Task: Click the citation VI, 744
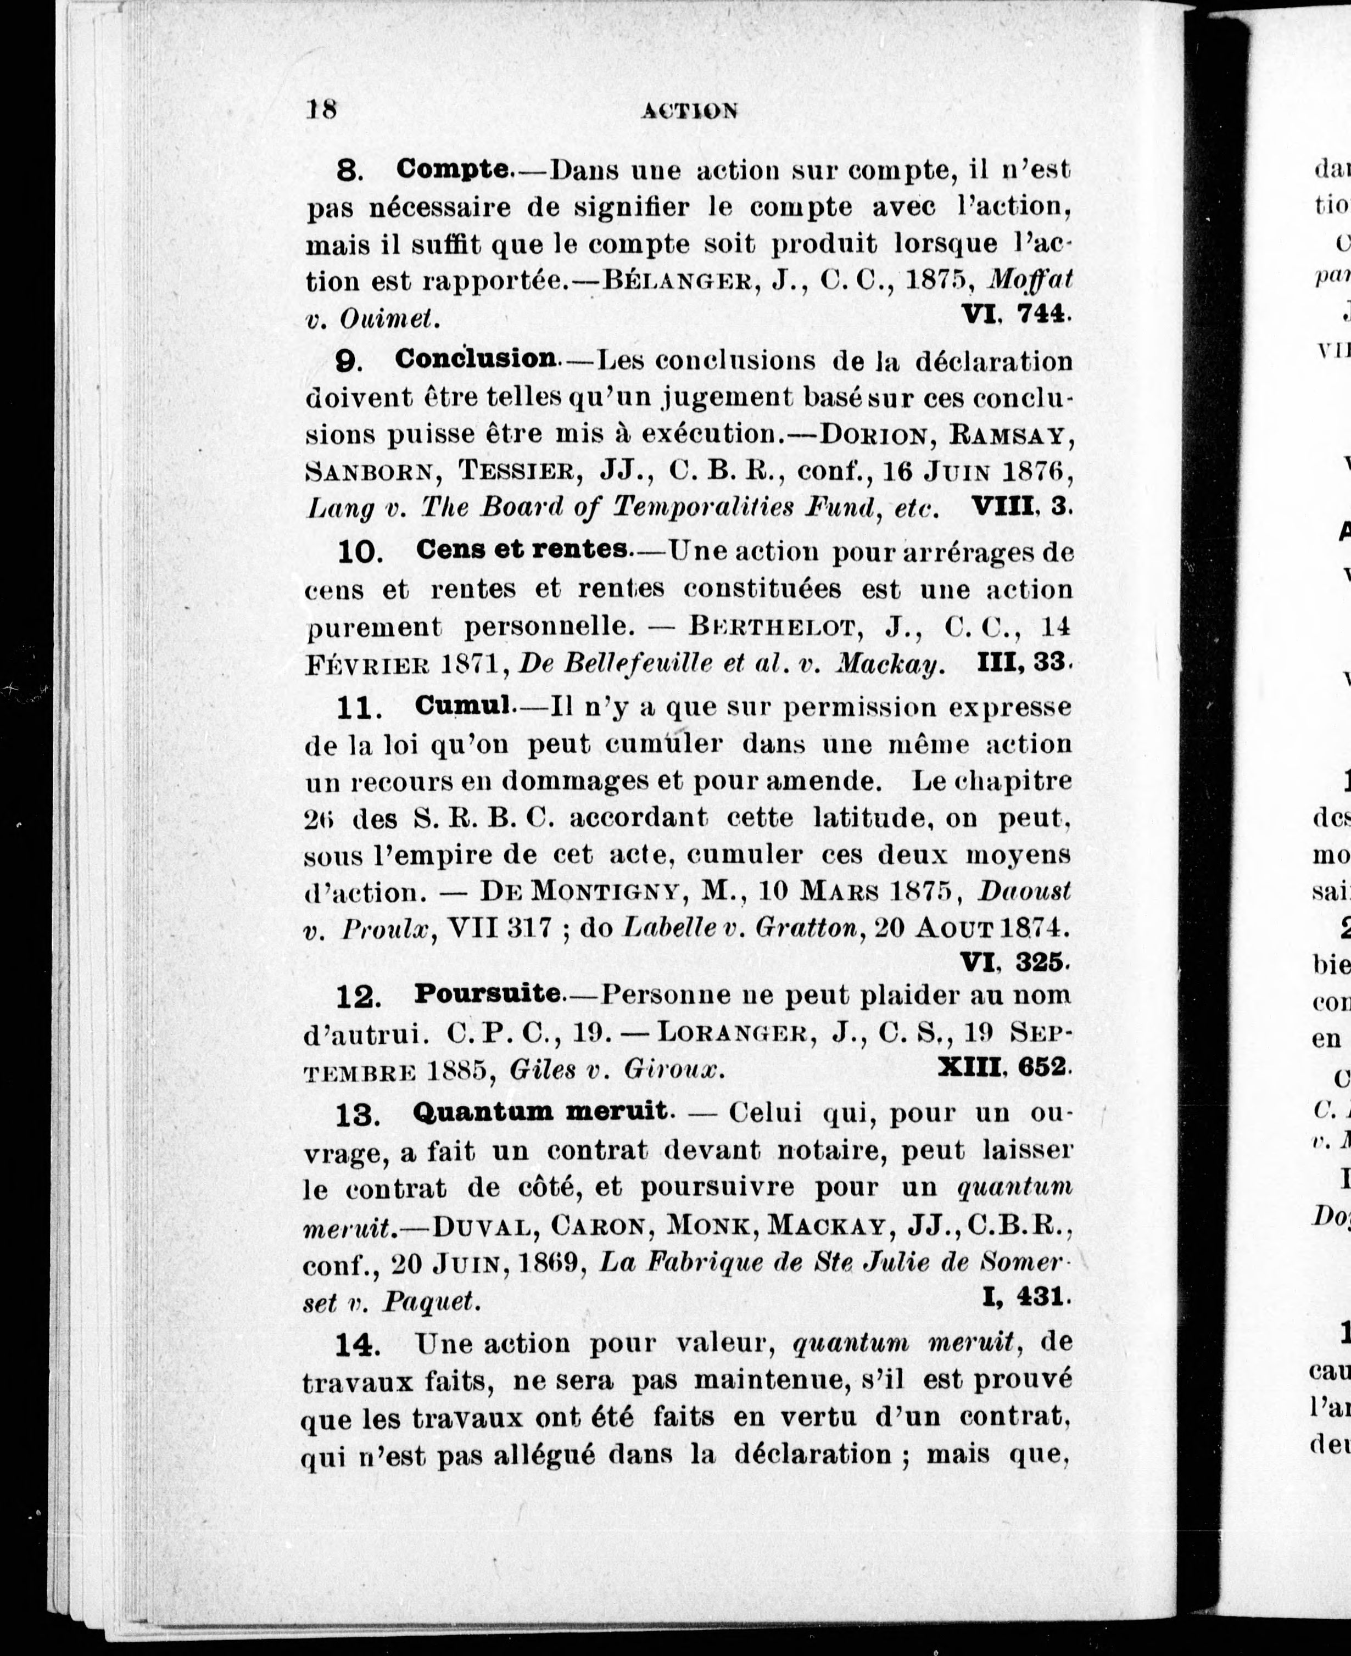click(x=1015, y=314)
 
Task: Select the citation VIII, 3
click(x=1021, y=507)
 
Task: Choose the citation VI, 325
click(x=1014, y=962)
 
